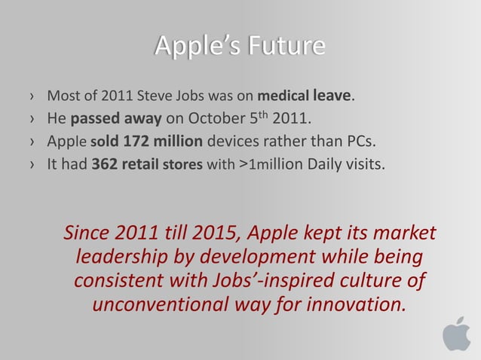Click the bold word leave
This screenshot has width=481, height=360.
point(328,96)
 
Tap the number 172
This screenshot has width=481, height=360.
point(132,139)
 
